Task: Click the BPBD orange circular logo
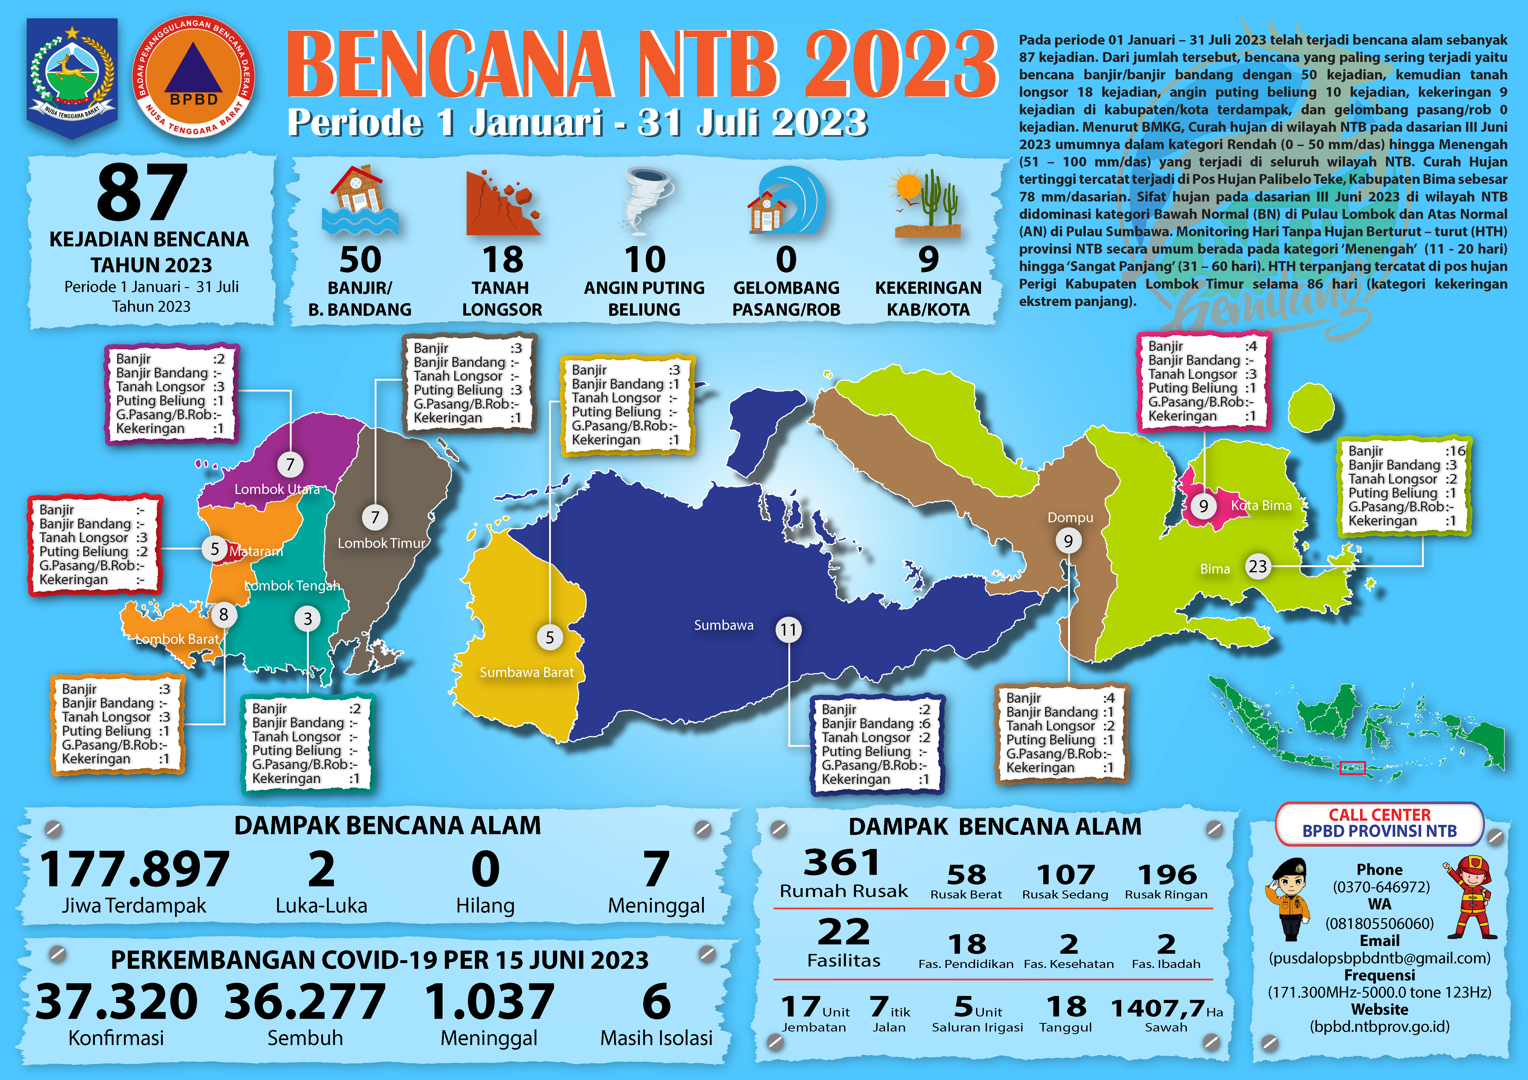(194, 77)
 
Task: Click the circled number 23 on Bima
(1257, 567)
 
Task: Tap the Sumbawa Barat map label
(527, 672)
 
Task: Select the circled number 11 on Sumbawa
(788, 630)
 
